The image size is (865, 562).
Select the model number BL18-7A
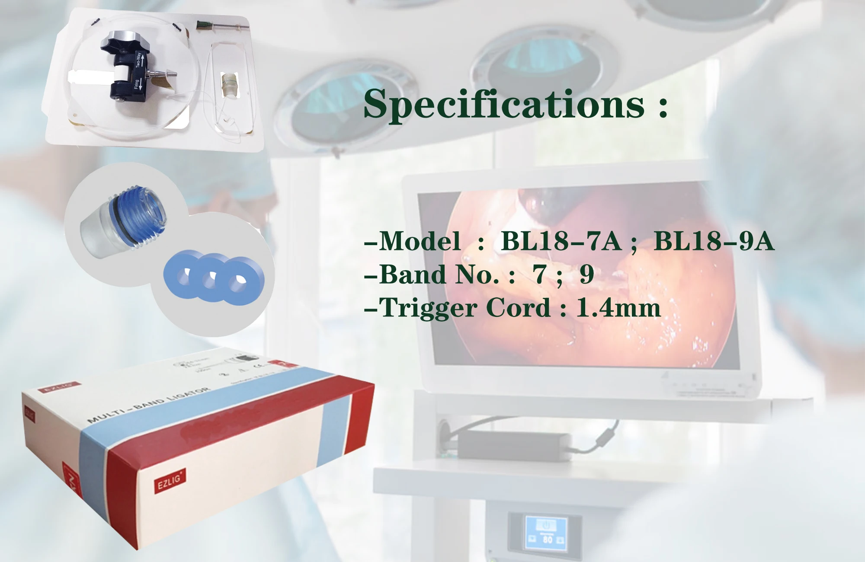pos(561,241)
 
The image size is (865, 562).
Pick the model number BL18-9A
pos(714,241)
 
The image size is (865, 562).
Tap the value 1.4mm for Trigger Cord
pos(618,308)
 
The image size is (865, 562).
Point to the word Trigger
pos(428,308)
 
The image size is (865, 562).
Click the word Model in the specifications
pos(420,241)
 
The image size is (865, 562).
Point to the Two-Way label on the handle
pos(139,60)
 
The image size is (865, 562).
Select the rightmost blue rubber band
pos(239,281)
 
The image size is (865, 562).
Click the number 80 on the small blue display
pos(548,539)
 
